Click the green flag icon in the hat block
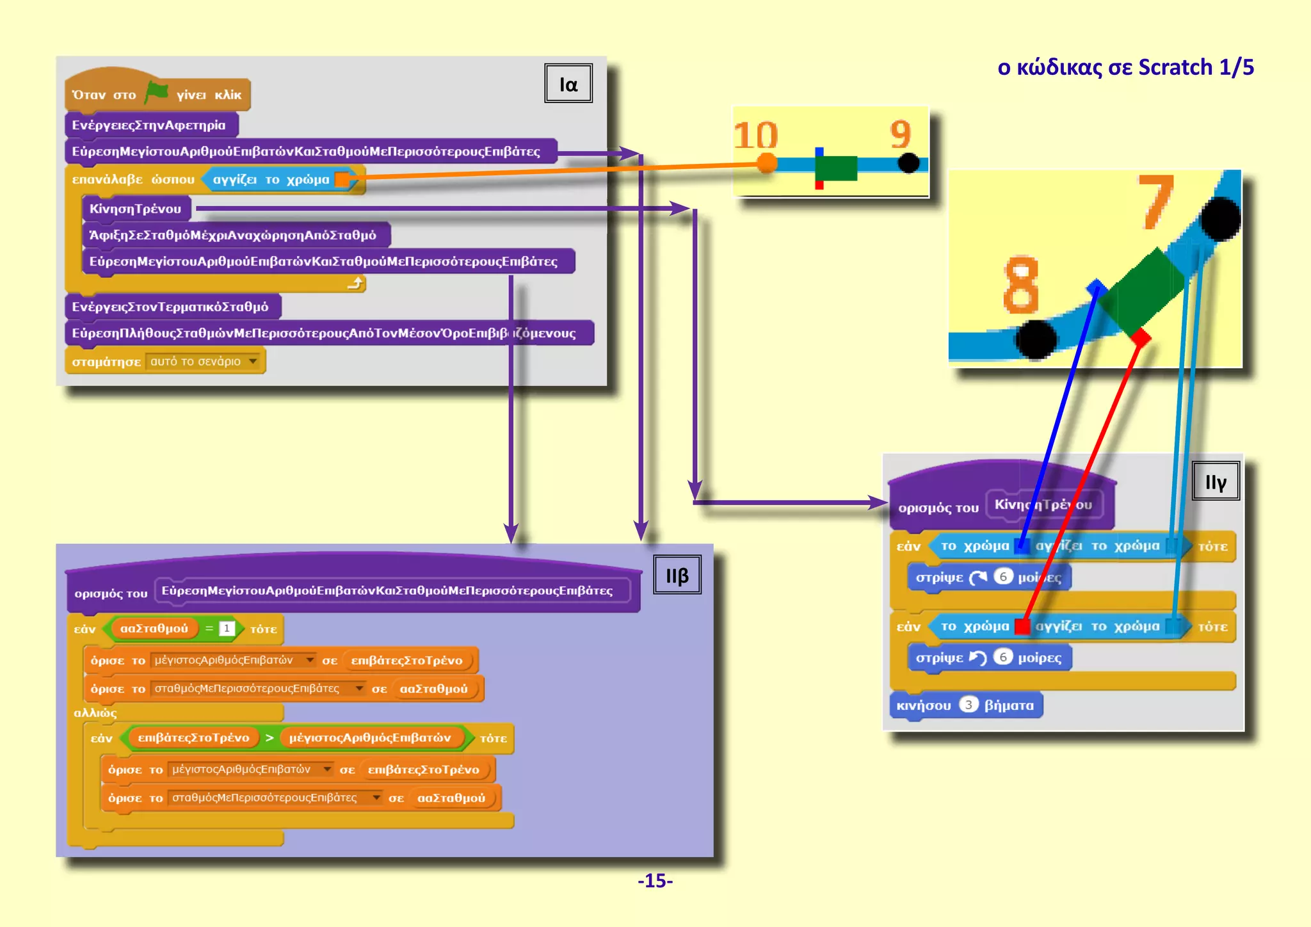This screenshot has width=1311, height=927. pyautogui.click(x=156, y=92)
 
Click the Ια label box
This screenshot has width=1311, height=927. pyautogui.click(x=568, y=83)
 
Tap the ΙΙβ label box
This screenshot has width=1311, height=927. pyautogui.click(x=677, y=575)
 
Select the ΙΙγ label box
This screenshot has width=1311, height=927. pyautogui.click(x=1215, y=481)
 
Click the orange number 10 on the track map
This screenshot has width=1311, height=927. pyautogui.click(x=755, y=135)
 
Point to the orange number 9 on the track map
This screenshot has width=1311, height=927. pyautogui.click(x=900, y=134)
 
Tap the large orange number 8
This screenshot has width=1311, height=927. pyautogui.click(x=1020, y=284)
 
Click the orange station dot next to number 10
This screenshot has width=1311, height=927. pyautogui.click(x=766, y=163)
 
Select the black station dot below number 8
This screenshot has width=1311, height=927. pyautogui.click(x=1035, y=339)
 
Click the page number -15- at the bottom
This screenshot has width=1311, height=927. pyautogui.click(x=655, y=880)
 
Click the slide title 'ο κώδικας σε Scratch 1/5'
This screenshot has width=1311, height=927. pyautogui.click(x=1125, y=67)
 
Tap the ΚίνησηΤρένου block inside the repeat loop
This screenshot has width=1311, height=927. pyautogui.click(x=135, y=209)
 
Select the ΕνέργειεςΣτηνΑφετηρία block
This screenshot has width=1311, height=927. pyautogui.click(x=149, y=125)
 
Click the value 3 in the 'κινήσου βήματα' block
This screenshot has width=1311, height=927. pyautogui.click(x=969, y=705)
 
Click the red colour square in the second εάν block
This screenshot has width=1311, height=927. pyautogui.click(x=1022, y=626)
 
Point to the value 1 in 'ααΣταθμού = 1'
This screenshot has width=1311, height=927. pyautogui.click(x=227, y=629)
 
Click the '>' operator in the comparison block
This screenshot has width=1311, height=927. pyautogui.click(x=269, y=738)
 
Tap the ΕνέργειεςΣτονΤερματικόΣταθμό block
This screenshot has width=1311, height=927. pyautogui.click(x=170, y=307)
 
